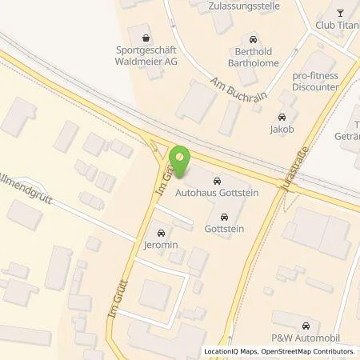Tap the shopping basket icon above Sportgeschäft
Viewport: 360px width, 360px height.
(145, 38)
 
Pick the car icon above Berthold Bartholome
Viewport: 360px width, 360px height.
(253, 38)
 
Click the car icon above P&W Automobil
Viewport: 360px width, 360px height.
(306, 326)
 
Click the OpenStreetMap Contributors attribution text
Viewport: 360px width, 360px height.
(313, 352)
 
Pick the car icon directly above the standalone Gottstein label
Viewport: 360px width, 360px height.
(223, 216)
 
